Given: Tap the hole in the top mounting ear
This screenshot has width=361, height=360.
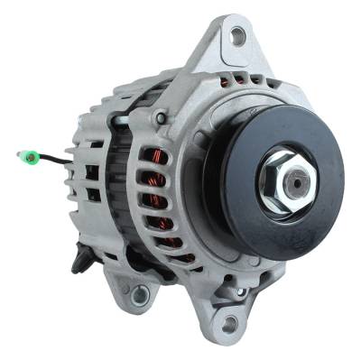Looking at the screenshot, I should point(237,36).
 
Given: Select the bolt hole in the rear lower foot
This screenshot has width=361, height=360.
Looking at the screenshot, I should point(140,292).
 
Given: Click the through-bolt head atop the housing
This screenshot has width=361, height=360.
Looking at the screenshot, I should point(161,118).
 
